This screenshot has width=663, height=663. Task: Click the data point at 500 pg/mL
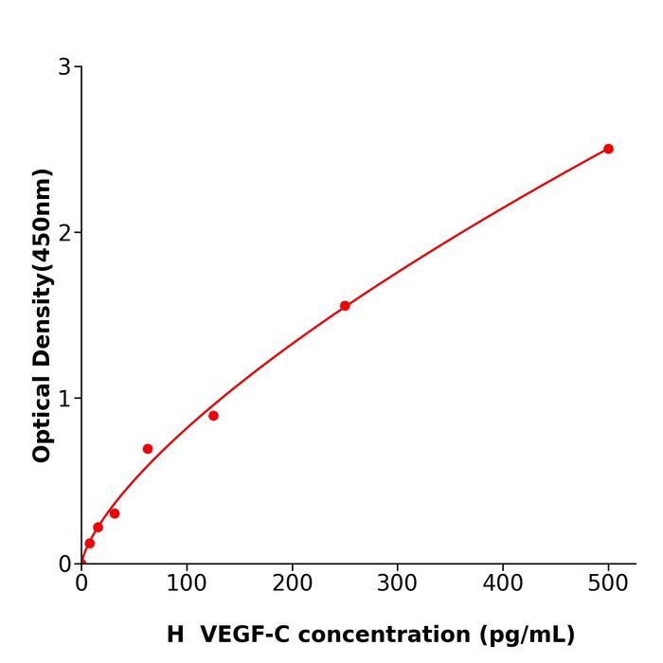608,149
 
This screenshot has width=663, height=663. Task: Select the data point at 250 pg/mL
345,306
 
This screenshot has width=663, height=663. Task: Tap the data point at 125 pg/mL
213,416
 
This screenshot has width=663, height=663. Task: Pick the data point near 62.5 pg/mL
148,449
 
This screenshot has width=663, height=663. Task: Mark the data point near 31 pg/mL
115,513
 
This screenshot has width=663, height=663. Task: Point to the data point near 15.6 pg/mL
98,528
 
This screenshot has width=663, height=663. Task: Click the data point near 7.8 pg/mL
90,544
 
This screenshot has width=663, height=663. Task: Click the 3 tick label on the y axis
64,67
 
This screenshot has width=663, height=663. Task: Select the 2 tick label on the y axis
64,233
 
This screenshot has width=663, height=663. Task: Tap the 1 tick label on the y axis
64,399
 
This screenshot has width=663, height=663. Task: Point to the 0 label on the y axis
64,564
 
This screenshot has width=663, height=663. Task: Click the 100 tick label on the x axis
187,584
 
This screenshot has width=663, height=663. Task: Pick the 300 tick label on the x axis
397,584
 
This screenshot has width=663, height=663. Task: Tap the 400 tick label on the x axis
502,584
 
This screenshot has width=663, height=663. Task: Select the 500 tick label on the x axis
608,584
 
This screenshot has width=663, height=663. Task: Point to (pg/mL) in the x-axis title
528,635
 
